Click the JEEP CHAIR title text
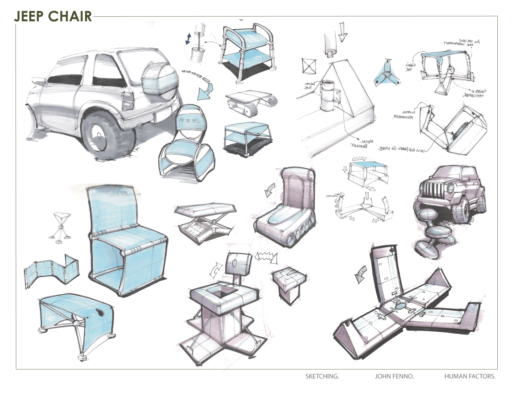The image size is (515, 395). pos(53,16)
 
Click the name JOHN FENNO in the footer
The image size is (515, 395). pos(394,376)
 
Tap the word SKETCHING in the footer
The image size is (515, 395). pos(322,376)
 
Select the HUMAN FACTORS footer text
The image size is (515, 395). pos(470,376)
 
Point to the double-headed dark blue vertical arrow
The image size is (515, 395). pos(188,39)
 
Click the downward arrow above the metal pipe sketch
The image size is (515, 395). pos(342,32)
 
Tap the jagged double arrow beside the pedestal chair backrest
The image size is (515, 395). pos(266,257)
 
